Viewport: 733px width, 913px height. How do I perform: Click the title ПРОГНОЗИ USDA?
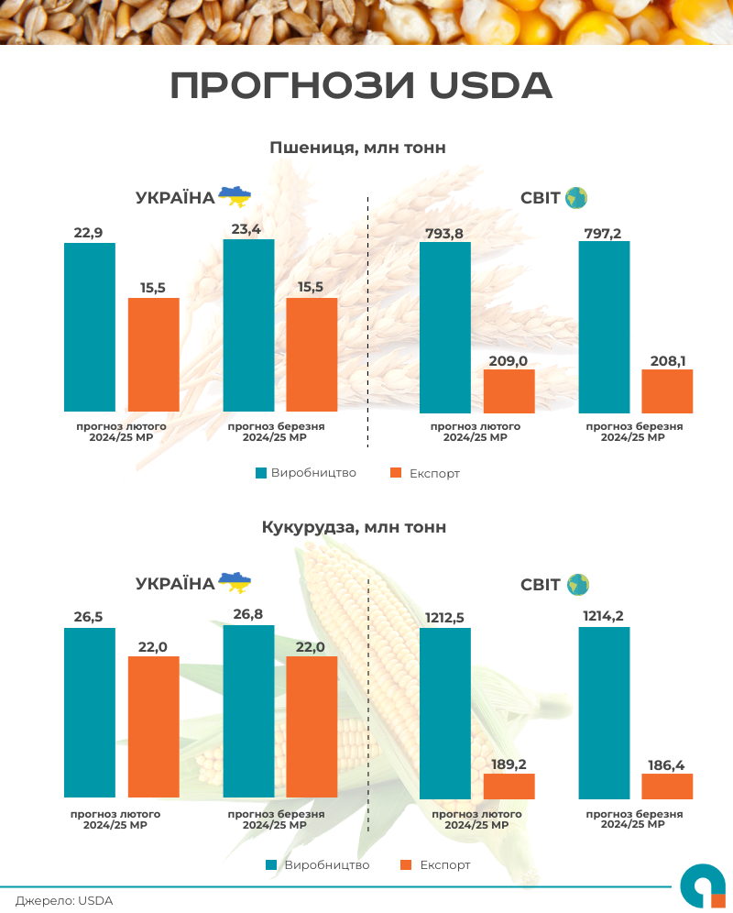362,85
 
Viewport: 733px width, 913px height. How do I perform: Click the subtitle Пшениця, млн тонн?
357,148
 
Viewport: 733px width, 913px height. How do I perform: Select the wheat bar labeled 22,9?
90,326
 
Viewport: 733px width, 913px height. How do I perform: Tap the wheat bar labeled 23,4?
248,324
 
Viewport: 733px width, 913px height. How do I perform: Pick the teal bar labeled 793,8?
444,326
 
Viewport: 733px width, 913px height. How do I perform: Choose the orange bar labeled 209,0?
509,390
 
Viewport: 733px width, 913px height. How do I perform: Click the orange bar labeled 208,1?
667,390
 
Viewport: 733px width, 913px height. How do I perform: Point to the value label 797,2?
602,234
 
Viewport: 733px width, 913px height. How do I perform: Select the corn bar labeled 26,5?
90,712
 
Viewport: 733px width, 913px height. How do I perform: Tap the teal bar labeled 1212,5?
444,712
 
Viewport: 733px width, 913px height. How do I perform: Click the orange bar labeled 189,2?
509,786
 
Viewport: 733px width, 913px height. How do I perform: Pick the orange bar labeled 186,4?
667,786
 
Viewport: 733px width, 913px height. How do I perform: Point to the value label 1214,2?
602,616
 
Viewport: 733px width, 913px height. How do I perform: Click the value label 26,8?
248,614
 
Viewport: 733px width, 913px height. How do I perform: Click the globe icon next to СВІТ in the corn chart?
577,584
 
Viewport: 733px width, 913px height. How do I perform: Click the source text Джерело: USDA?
64,900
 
